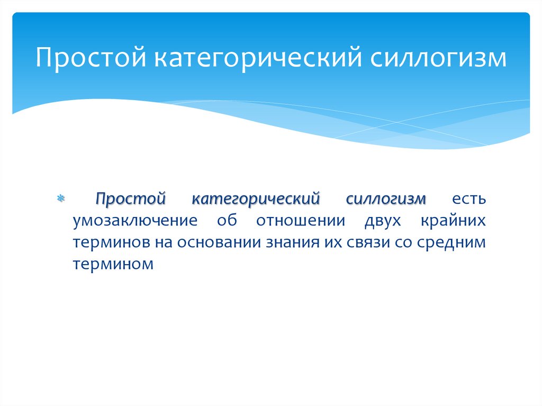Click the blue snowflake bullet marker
click(x=60, y=201)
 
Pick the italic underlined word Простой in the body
click(x=131, y=200)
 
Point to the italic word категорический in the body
click(x=256, y=200)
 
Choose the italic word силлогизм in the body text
click(x=386, y=200)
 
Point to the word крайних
click(x=453, y=221)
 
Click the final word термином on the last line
click(x=114, y=263)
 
